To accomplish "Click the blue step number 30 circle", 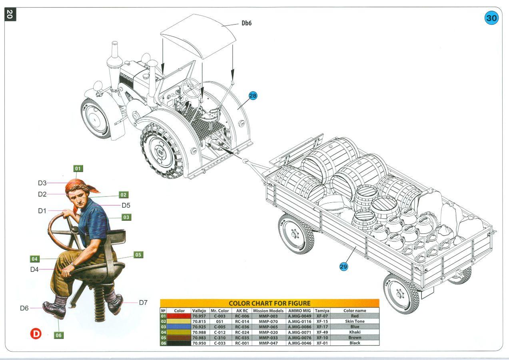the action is point(491,18).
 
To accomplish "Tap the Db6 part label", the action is point(246,23).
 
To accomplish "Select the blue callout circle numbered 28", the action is point(253,96).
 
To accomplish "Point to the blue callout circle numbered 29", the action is point(343,266).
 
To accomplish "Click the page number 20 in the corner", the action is point(10,14).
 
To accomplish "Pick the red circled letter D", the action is point(36,334).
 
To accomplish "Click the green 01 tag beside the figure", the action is point(78,168).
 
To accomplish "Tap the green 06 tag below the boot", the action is point(59,335).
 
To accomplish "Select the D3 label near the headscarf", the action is point(42,183).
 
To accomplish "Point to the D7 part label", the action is point(143,302).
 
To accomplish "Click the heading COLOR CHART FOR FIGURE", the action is point(269,304).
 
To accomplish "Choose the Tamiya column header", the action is point(322,310).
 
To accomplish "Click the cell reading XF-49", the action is point(322,332).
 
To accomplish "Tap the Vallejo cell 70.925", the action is point(199,327).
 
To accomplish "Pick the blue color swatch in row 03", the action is point(179,327).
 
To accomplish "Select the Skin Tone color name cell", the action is point(355,321).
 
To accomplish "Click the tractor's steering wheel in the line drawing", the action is point(191,88).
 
